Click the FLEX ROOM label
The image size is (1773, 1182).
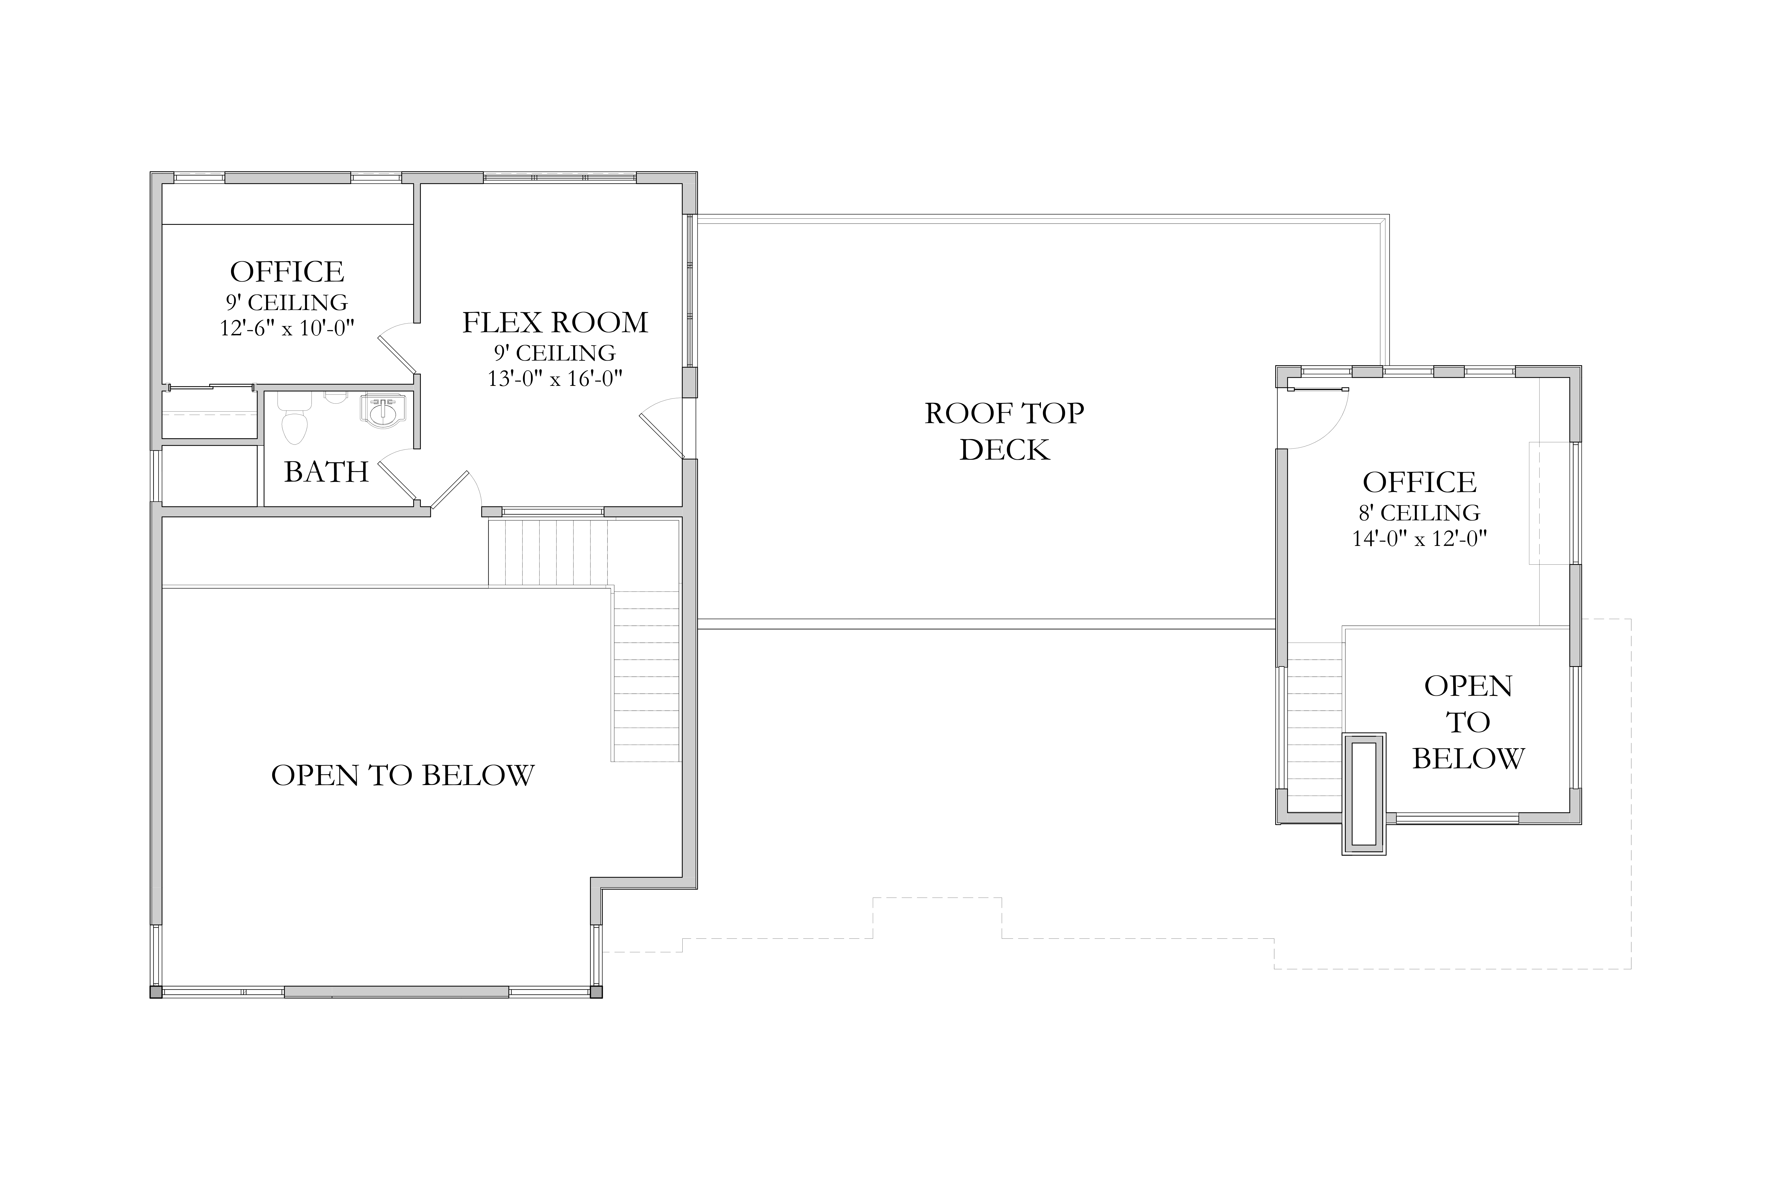(555, 323)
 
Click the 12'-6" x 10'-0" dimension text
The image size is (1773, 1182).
(287, 328)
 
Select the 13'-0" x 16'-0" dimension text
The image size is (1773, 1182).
(555, 378)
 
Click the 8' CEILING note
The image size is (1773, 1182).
(1419, 513)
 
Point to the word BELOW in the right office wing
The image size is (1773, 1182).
(1468, 758)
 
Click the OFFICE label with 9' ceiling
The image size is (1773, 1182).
(287, 271)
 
